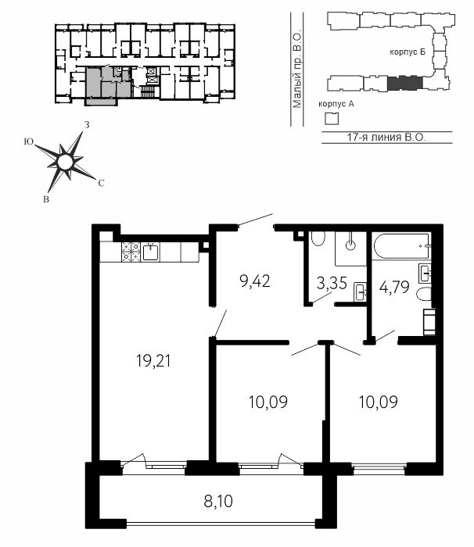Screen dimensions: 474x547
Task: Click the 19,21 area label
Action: [153, 361]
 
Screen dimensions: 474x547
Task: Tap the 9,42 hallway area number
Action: [255, 281]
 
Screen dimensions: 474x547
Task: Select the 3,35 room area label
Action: [332, 283]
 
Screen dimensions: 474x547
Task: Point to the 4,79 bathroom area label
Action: [394, 287]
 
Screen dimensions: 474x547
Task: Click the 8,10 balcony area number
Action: [218, 502]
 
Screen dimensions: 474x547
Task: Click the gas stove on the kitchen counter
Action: [131, 252]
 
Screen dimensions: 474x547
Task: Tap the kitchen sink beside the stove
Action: [151, 252]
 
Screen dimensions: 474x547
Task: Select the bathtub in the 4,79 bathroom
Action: [401, 246]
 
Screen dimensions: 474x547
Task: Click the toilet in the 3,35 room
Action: [318, 238]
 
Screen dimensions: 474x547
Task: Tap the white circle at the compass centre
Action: [65, 162]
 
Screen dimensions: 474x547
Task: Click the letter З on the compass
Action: [87, 125]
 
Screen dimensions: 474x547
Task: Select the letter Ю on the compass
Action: [29, 141]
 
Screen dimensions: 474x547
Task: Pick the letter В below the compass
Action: [46, 199]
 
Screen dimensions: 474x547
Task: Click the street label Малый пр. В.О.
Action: [297, 70]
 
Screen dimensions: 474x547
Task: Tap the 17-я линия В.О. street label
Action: [386, 137]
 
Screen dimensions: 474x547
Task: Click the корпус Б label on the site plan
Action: [408, 52]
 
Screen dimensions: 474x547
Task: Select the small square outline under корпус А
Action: [332, 119]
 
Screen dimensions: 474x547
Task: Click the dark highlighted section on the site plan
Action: [405, 83]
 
